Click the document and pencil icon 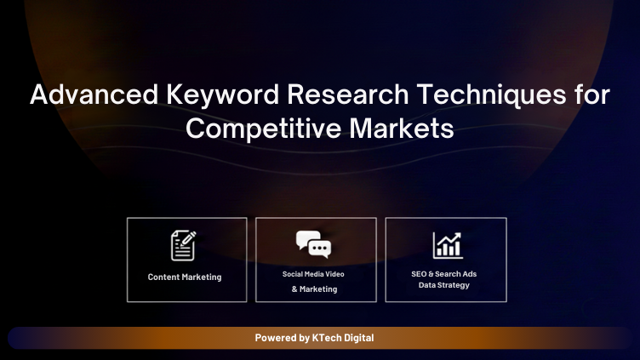[x=184, y=245]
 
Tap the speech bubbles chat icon [x=313, y=244]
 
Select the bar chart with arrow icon [x=446, y=245]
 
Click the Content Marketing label [x=185, y=277]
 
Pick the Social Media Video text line [x=313, y=274]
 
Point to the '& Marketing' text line [x=314, y=289]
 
